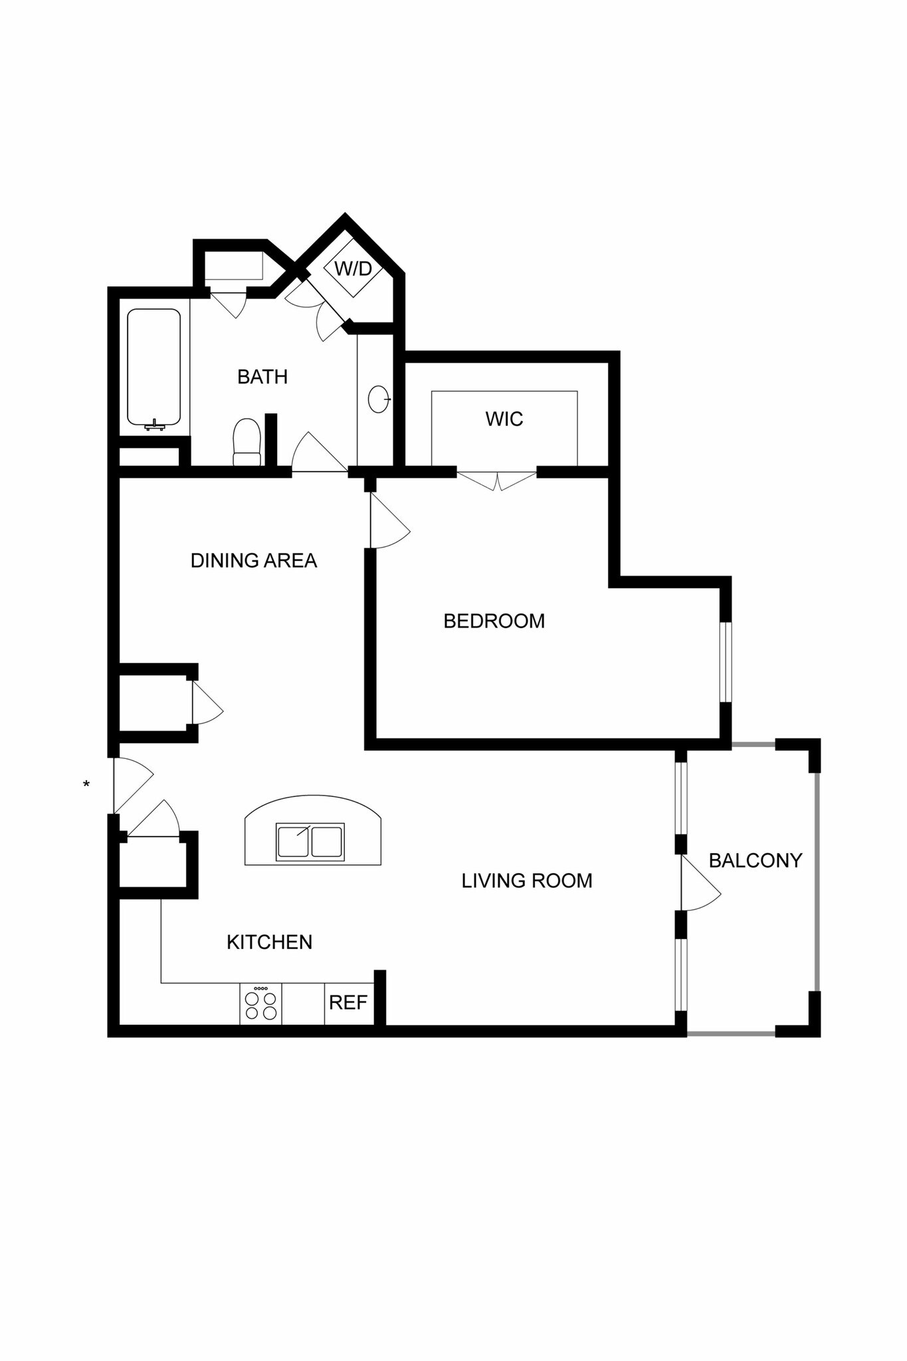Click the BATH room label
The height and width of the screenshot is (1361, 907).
tap(262, 377)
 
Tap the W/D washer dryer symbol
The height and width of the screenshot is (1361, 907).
tap(353, 269)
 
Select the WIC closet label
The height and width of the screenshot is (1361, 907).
tap(504, 419)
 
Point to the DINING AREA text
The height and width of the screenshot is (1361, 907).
tap(253, 561)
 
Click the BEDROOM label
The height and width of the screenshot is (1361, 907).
tap(494, 621)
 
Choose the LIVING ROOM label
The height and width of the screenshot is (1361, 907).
tap(526, 881)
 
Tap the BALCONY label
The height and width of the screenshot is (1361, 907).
tap(755, 861)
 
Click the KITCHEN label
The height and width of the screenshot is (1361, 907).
tap(269, 942)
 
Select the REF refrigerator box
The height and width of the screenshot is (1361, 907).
tap(348, 1003)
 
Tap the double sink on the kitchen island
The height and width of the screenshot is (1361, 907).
tap(310, 841)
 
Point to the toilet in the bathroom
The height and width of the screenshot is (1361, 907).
tap(247, 442)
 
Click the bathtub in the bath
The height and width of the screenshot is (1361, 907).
tap(153, 367)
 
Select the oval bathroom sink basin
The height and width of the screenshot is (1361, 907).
tap(378, 399)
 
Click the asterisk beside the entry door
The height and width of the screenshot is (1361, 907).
tap(86, 785)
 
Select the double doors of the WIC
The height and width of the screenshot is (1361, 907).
tap(496, 480)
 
